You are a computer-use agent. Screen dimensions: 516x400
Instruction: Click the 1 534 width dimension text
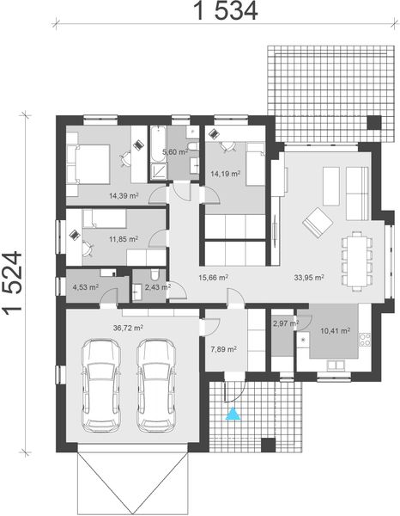[x=214, y=12]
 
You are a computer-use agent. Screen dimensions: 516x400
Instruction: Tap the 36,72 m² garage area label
[x=129, y=328]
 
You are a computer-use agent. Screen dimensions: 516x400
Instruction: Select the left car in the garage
[x=103, y=385]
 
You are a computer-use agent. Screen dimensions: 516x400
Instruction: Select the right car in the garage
[x=155, y=385]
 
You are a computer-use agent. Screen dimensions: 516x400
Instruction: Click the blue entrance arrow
[x=232, y=416]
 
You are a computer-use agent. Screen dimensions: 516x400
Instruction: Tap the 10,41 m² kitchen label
[x=334, y=329]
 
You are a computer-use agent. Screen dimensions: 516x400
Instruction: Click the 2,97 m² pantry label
[x=284, y=323]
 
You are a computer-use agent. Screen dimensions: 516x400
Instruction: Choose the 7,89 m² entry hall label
[x=223, y=348]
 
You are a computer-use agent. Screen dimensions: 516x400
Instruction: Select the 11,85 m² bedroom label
[x=123, y=239]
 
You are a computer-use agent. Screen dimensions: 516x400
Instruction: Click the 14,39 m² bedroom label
[x=123, y=195]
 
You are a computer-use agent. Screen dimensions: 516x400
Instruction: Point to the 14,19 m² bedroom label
[x=225, y=173]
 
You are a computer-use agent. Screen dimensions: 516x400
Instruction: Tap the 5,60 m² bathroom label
[x=177, y=152]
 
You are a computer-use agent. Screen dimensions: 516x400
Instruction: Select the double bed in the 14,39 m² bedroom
[x=88, y=163]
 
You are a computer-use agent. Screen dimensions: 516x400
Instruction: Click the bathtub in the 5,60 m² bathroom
[x=158, y=152]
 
